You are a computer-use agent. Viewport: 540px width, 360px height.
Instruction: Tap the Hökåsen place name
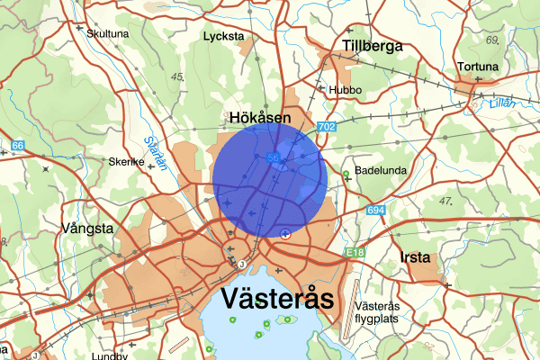[260, 118]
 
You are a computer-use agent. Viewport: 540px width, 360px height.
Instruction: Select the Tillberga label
[372, 47]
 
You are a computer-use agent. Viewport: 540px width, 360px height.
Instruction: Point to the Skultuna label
[107, 33]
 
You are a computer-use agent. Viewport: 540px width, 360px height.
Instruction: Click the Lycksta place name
[224, 37]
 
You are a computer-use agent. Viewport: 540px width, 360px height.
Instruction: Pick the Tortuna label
[476, 67]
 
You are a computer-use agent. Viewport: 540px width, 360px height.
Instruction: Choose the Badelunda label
[382, 169]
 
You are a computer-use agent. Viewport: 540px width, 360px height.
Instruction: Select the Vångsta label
[86, 229]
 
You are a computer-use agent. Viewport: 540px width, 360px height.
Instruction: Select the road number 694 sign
[375, 211]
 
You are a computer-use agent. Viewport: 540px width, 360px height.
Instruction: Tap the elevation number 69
[492, 40]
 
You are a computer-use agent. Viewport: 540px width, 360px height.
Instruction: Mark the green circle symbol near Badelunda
[346, 174]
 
